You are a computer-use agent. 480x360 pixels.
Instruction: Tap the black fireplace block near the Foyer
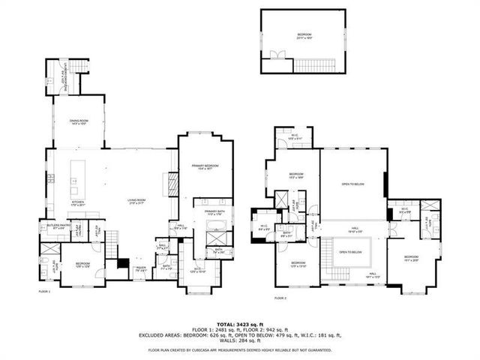click(x=121, y=265)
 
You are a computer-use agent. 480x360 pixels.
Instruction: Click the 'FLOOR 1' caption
click(x=44, y=291)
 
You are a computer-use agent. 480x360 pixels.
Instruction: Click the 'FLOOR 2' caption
click(x=280, y=298)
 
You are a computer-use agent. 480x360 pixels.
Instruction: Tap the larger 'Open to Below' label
click(x=352, y=184)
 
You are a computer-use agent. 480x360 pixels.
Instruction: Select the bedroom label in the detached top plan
click(x=303, y=34)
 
